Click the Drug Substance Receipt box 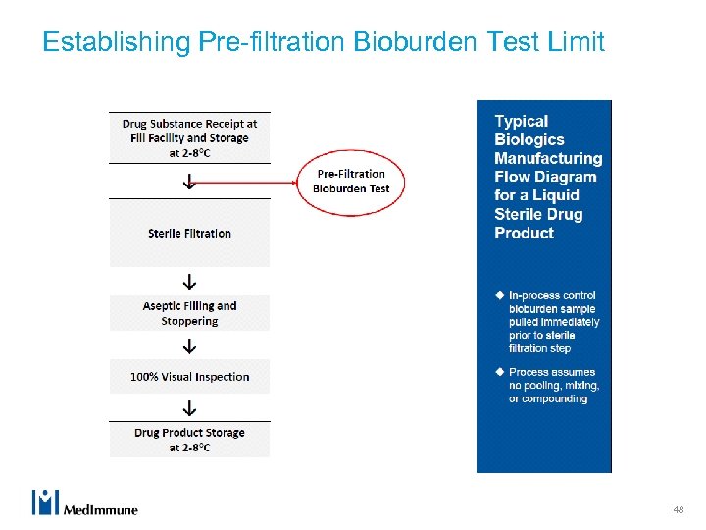(189, 137)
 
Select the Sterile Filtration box (189, 234)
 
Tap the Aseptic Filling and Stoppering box (189, 313)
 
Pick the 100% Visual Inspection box (189, 377)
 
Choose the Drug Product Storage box (189, 440)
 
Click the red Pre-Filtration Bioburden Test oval (351, 182)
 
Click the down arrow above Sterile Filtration (189, 182)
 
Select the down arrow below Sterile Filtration (189, 281)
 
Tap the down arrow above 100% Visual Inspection (189, 346)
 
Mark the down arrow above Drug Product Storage (189, 408)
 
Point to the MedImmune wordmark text (100, 509)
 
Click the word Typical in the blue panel (521, 121)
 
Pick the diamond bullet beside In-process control (499, 295)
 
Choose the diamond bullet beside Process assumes (499, 372)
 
